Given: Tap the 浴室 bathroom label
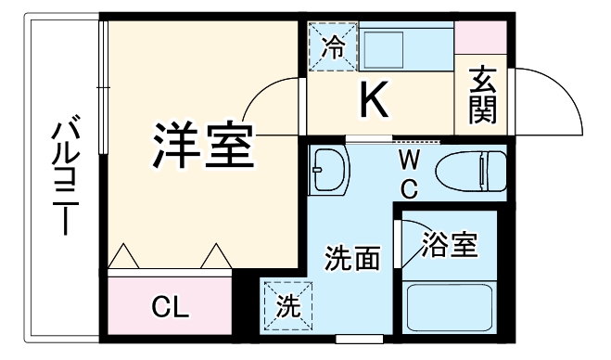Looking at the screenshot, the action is click(x=450, y=246).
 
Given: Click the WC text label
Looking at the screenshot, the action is click(x=409, y=173).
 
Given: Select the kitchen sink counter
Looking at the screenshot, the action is click(x=388, y=45).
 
